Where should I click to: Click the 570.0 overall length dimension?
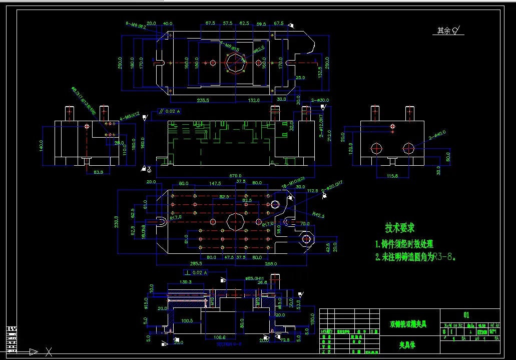(235, 176)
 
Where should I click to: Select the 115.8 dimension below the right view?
(392, 176)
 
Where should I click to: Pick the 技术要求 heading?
(399, 228)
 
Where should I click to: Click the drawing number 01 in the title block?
(466, 315)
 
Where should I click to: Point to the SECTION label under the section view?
(229, 344)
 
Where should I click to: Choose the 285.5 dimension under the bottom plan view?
(196, 263)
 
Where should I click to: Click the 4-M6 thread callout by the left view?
(129, 120)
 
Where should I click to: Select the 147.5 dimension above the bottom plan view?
(215, 184)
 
